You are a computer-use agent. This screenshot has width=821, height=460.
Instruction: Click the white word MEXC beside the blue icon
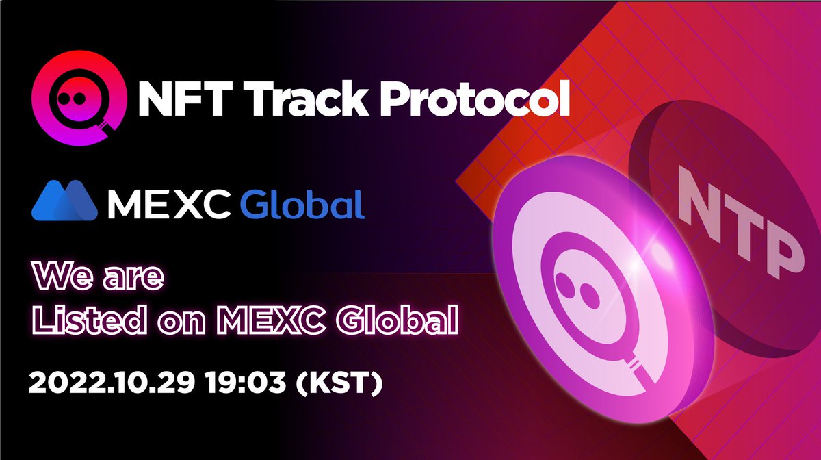167,203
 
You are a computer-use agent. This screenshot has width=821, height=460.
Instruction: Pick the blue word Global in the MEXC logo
301,203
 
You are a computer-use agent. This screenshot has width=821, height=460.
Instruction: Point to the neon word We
62,277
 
